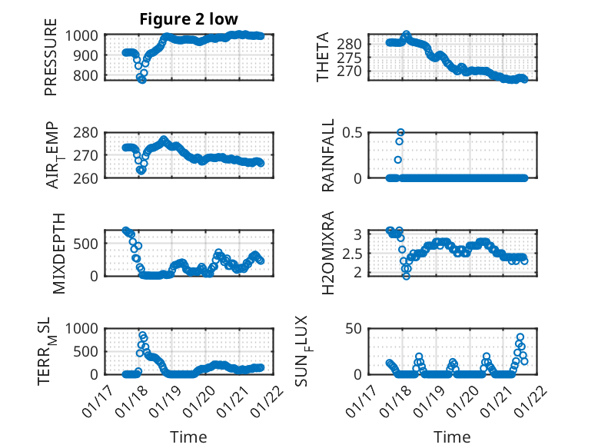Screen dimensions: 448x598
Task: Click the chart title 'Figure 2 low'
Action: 188,19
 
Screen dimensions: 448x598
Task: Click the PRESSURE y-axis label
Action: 51,61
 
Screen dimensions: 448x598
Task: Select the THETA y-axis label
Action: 324,56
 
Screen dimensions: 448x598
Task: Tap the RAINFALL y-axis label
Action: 328,155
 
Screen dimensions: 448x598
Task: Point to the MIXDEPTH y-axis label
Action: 60,252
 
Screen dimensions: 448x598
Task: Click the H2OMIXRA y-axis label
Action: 328,252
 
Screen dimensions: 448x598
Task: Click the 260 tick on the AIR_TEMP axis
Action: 87,178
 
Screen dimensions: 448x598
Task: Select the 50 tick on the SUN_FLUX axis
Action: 354,329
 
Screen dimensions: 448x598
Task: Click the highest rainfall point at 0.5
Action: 400,132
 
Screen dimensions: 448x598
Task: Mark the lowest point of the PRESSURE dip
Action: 141,79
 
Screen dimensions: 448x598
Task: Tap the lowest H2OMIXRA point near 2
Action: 406,275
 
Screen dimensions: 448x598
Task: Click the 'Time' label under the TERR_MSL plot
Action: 188,437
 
